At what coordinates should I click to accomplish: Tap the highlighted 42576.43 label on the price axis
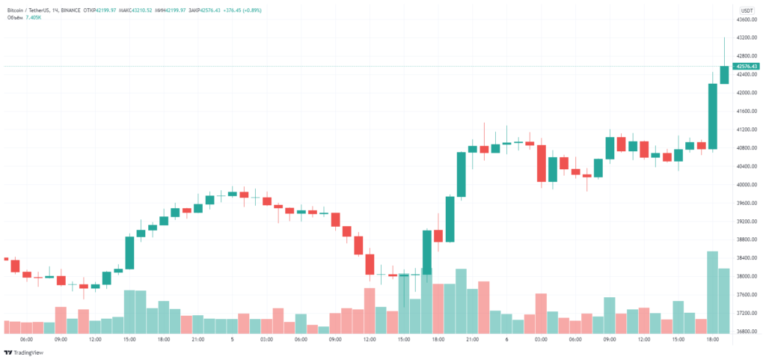747,67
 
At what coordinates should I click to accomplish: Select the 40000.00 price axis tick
747,185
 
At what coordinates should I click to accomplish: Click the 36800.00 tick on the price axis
747,332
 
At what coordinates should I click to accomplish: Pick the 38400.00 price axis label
747,258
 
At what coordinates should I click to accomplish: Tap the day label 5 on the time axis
233,339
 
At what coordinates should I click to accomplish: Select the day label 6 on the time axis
507,339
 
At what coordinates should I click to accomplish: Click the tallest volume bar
712,292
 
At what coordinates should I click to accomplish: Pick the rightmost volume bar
724,300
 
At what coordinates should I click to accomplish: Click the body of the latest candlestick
724,75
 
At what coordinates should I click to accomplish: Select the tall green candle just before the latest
712,116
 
